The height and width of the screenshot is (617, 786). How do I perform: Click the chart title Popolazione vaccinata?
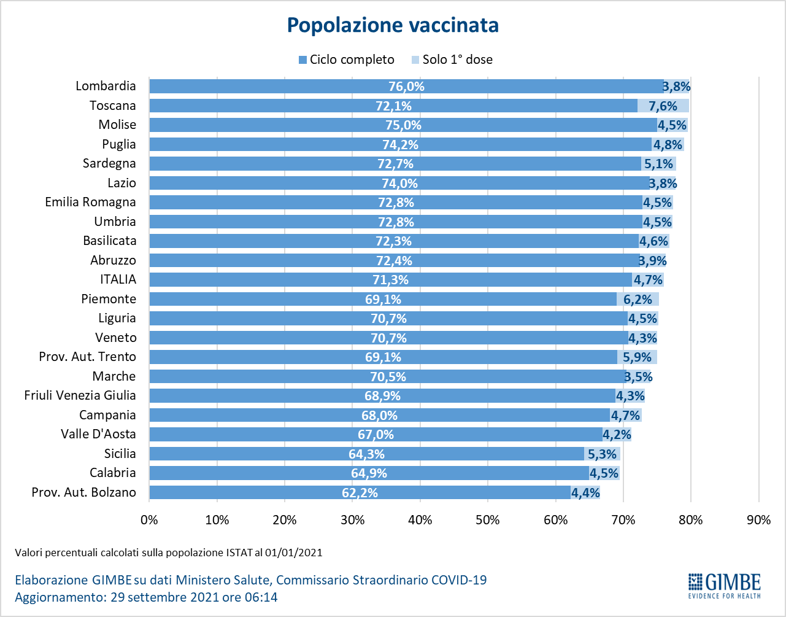393,25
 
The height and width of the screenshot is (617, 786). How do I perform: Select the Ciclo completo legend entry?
346,60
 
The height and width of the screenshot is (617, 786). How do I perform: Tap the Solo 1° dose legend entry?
452,60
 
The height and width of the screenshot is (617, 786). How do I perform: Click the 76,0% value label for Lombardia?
406,87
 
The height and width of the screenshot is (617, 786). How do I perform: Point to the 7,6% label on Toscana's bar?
663,106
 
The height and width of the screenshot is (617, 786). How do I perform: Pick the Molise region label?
117,125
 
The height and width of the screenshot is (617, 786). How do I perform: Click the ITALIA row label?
118,279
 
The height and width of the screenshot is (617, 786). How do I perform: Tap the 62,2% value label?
360,493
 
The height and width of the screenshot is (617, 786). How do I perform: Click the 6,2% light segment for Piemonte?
638,300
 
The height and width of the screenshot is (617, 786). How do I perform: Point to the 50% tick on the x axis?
488,520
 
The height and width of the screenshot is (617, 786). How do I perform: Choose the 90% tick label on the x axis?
758,520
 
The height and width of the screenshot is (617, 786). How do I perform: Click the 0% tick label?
149,520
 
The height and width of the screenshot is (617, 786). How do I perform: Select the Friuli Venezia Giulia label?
80,395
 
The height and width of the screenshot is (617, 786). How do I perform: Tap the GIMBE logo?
724,585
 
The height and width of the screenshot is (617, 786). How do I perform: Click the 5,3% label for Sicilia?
602,454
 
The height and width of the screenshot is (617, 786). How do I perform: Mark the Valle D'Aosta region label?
98,434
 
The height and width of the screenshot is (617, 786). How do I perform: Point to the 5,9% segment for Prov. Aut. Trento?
637,357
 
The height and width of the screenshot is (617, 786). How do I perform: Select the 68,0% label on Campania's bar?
379,416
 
